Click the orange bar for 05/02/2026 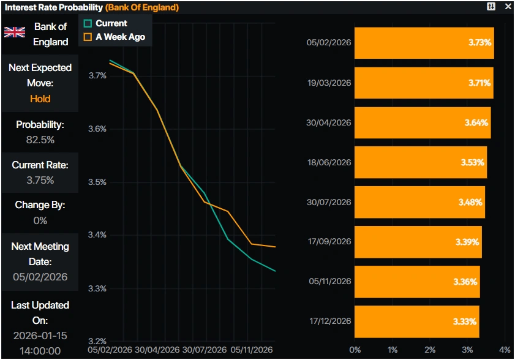click(x=424, y=43)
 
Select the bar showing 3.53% click(x=420, y=162)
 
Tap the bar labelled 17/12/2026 click(x=416, y=321)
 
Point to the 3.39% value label click(x=467, y=242)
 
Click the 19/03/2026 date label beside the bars click(x=329, y=83)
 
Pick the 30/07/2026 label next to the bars click(x=329, y=202)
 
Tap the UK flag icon click(x=15, y=32)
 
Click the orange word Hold click(x=40, y=99)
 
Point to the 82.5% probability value click(x=40, y=140)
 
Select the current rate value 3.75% click(x=40, y=180)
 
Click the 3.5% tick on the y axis click(x=97, y=182)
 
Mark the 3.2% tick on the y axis click(x=97, y=341)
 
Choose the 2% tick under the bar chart click(x=430, y=350)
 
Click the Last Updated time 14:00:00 click(x=40, y=350)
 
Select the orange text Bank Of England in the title click(x=142, y=7)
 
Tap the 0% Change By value click(x=40, y=220)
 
